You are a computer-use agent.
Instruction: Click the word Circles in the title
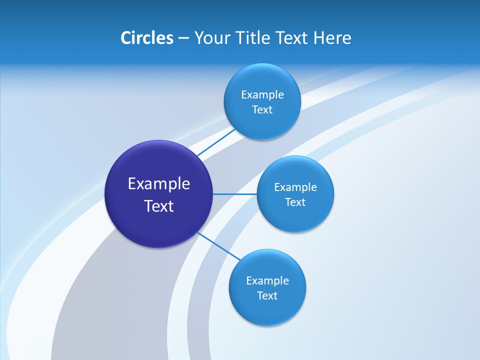pos(146,38)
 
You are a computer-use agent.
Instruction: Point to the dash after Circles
pos(183,38)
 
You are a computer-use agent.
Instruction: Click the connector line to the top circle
pos(216,141)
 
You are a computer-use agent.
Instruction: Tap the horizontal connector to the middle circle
pos(234,194)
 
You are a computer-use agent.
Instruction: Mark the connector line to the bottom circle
pos(218,245)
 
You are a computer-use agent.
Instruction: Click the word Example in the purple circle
pos(159,184)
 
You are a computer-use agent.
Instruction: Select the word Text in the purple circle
pos(159,206)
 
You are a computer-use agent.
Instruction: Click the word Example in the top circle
pos(262,95)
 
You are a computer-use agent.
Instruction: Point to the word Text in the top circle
pos(262,110)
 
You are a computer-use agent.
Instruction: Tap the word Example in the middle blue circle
pos(295,187)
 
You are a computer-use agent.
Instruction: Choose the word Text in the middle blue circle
pos(295,202)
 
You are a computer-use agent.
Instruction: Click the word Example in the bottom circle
pos(267,281)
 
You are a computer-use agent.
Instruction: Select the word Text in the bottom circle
pos(267,296)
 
